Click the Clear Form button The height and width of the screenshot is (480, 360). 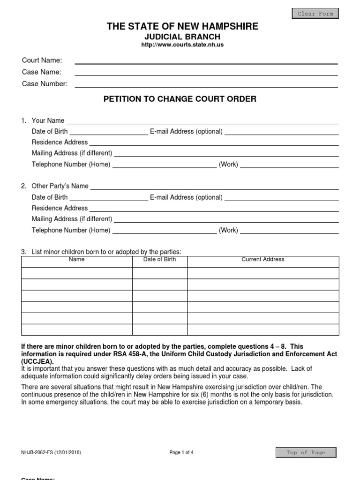pos(315,14)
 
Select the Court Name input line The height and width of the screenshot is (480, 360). pos(206,61)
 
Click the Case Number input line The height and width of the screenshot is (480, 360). pos(206,84)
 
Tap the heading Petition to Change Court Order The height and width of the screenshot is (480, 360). pos(180,99)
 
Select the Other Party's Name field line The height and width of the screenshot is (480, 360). pos(214,187)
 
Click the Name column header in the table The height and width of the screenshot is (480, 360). pos(76,259)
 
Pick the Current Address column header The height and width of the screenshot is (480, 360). pos(263,259)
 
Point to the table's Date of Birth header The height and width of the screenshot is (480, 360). pos(159,259)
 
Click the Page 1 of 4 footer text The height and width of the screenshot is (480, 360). pos(181,452)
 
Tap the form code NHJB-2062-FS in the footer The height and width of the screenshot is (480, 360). pos(38,452)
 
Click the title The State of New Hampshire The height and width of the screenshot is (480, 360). pos(182,26)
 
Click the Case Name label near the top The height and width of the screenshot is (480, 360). pos(42,72)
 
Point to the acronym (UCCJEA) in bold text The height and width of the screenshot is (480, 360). pos(37,362)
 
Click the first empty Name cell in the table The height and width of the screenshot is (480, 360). pos(77,273)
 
